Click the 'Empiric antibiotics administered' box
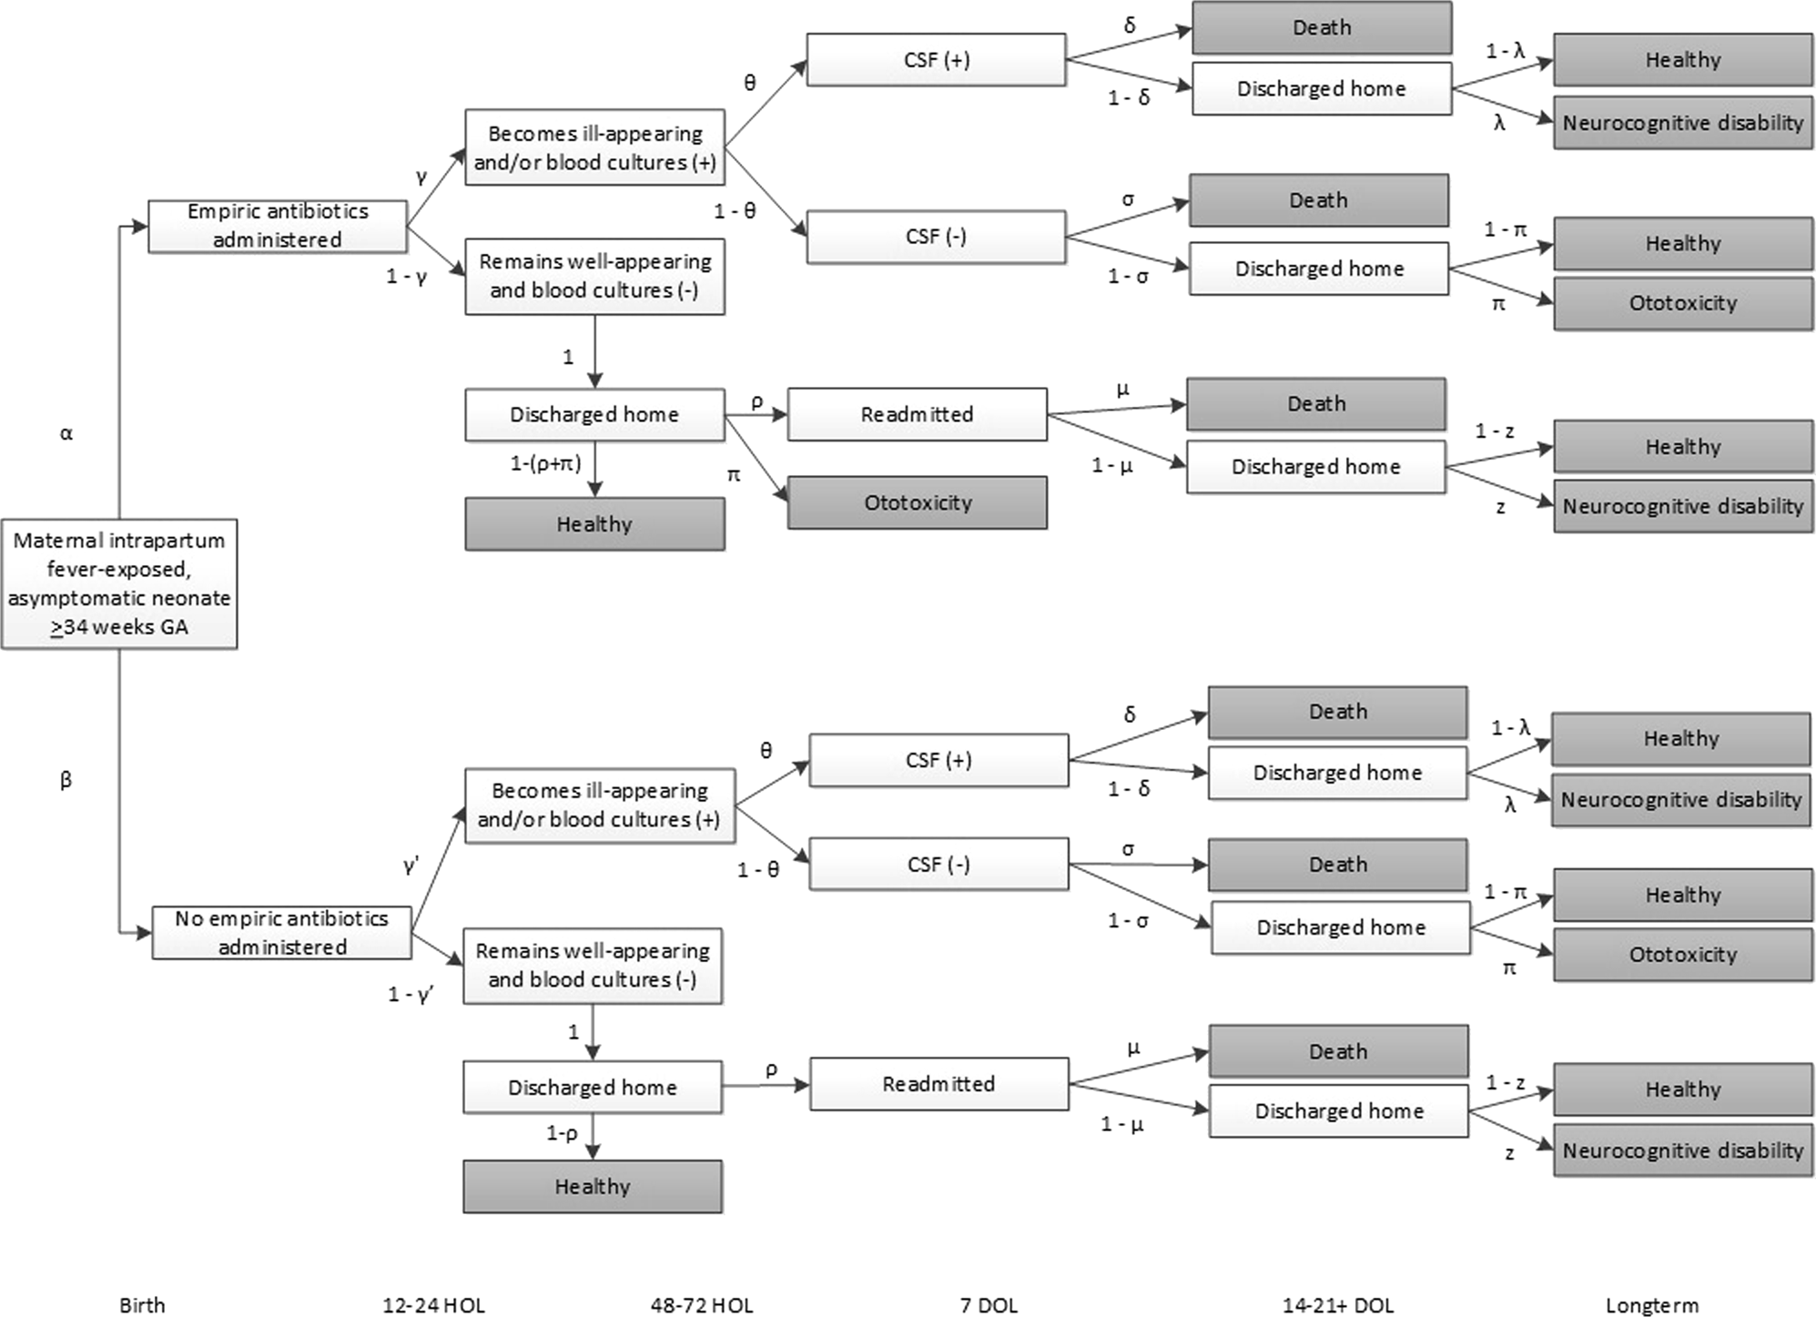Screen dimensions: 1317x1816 (277, 226)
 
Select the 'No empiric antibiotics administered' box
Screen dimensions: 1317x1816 (281, 932)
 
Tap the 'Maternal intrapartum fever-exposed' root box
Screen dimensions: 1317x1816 (119, 583)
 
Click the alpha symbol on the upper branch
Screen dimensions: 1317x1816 (66, 433)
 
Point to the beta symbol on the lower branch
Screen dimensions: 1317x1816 (66, 779)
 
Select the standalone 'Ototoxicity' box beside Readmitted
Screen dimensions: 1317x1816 (917, 502)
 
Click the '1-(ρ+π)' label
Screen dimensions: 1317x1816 (545, 463)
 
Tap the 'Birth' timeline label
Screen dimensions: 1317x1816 (142, 1304)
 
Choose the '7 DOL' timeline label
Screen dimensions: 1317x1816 (989, 1304)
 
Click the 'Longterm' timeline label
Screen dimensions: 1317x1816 (1651, 1304)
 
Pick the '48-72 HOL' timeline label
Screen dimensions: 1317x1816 (702, 1304)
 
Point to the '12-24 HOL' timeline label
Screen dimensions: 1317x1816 (433, 1304)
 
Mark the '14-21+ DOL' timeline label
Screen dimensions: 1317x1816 (1337, 1304)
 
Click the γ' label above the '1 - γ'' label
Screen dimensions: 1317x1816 (411, 866)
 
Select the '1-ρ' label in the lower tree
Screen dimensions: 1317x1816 (562, 1133)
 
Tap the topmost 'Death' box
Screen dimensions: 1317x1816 (1321, 27)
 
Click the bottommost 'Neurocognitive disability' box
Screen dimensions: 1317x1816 (1682, 1150)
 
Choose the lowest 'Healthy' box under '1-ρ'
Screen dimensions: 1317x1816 (593, 1186)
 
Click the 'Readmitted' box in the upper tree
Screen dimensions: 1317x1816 (917, 414)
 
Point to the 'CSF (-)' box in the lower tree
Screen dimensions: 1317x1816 (938, 864)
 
